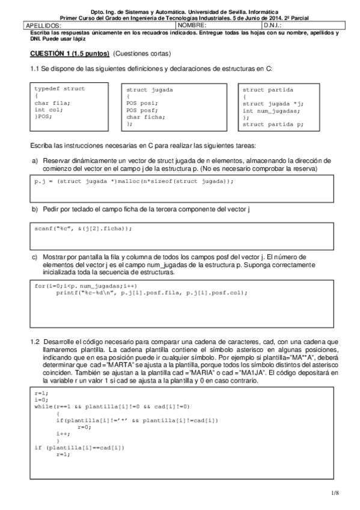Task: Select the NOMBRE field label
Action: [192, 26]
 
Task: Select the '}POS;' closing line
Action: [43, 117]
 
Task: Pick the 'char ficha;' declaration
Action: [142, 117]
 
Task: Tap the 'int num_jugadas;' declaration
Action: [271, 111]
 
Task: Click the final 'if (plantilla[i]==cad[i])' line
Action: [79, 447]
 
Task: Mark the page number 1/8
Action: [335, 493]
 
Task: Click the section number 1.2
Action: [35, 342]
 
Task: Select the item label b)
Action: [34, 209]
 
